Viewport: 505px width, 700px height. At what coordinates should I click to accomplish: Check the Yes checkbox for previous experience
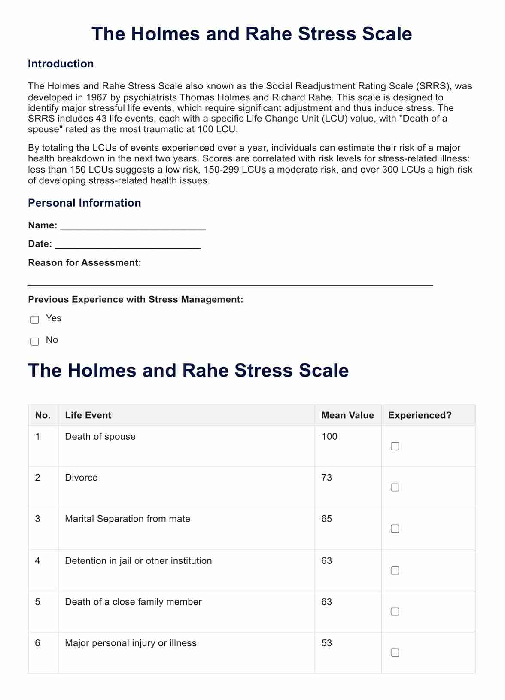pyautogui.click(x=35, y=320)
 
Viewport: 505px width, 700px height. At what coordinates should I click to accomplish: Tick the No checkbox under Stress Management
pyautogui.click(x=35, y=341)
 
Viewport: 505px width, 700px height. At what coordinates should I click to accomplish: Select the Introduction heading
pyautogui.click(x=61, y=64)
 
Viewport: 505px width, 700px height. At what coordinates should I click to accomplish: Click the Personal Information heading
pyautogui.click(x=84, y=203)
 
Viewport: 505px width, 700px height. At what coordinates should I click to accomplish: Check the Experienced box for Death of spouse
pyautogui.click(x=395, y=447)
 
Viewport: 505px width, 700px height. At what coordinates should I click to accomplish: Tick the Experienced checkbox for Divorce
pyautogui.click(x=395, y=487)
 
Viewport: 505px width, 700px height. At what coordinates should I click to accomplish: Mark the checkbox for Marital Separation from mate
pyautogui.click(x=395, y=529)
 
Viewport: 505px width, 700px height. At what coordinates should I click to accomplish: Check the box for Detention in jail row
pyautogui.click(x=395, y=570)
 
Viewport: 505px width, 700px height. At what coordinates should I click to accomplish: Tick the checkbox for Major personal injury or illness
pyautogui.click(x=395, y=653)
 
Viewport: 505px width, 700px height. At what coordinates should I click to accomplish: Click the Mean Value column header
pyautogui.click(x=347, y=415)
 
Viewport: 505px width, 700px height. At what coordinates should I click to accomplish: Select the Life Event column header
pyautogui.click(x=88, y=415)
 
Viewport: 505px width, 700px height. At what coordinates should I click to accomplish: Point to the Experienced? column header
pyautogui.click(x=420, y=415)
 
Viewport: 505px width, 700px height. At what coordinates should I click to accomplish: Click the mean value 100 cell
pyautogui.click(x=329, y=437)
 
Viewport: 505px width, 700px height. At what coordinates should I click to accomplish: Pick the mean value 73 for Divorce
pyautogui.click(x=326, y=478)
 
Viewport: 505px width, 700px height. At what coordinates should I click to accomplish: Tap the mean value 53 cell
pyautogui.click(x=326, y=643)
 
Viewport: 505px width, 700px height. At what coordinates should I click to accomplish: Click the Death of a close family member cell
pyautogui.click(x=133, y=602)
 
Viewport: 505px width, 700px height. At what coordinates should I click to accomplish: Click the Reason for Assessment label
pyautogui.click(x=85, y=263)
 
